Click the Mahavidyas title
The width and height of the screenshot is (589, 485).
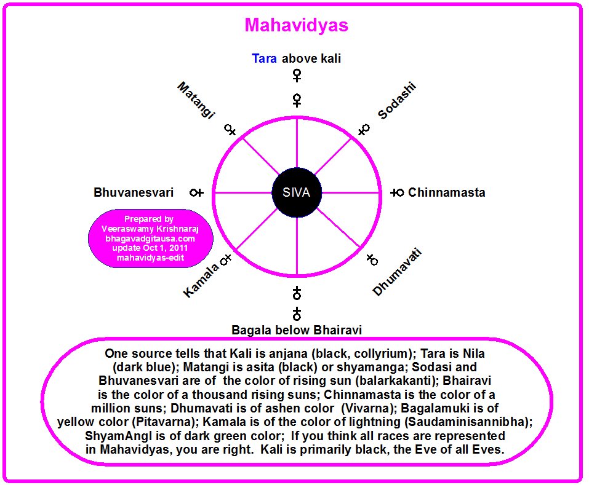pos(296,25)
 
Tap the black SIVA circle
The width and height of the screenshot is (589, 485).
pos(297,192)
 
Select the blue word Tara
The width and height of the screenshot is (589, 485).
pos(265,59)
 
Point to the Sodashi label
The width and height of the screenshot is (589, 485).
pos(397,100)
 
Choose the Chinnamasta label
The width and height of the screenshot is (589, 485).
pos(446,192)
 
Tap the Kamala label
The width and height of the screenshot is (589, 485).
pos(200,282)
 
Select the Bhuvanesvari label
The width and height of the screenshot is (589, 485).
pos(134,192)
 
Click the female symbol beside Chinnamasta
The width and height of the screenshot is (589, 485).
pos(397,192)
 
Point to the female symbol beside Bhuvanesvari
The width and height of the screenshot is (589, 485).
pos(196,192)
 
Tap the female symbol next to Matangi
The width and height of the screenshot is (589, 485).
pos(230,130)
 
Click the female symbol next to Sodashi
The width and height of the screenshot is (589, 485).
pos(363,130)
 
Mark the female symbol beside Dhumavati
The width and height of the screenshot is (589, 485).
pos(372,259)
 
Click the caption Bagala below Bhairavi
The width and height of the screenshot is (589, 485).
pos(296,330)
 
